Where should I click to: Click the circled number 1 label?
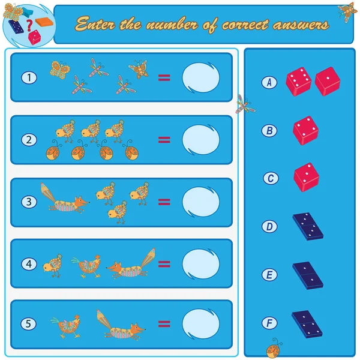(29, 77)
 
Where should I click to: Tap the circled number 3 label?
(29, 202)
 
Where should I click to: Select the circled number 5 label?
(28, 324)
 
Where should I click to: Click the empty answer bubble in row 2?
(200, 140)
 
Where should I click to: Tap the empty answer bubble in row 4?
(200, 264)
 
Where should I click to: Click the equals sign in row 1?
(164, 78)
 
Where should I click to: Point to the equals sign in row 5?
(164, 324)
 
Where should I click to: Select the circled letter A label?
(269, 82)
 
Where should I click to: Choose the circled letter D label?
(269, 227)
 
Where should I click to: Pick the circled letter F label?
(269, 323)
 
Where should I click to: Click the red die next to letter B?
(305, 130)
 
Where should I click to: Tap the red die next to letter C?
(306, 177)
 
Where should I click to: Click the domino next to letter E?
(308, 275)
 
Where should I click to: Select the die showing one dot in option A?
(328, 81)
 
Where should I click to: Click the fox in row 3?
(65, 199)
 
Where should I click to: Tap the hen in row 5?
(65, 326)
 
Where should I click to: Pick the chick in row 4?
(53, 266)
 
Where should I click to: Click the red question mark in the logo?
(29, 25)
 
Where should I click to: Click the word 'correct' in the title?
(245, 25)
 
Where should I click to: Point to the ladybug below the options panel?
(274, 348)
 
